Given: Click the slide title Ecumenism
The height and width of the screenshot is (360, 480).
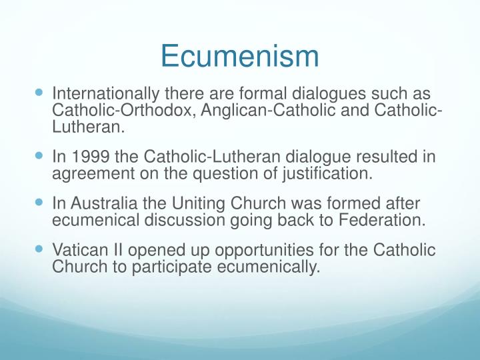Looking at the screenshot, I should point(240,56).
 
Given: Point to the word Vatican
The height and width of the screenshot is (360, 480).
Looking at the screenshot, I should point(78,251).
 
